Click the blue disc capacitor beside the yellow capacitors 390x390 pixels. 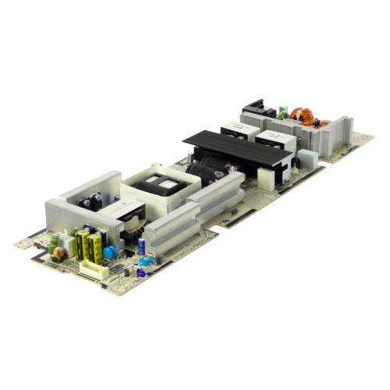[112, 252]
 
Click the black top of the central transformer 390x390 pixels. [168, 183]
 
